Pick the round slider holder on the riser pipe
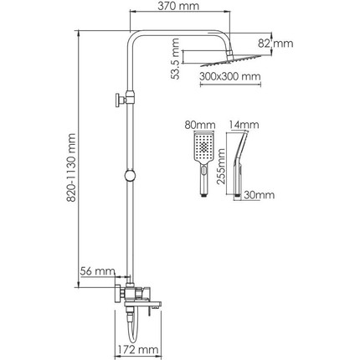[131, 177]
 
